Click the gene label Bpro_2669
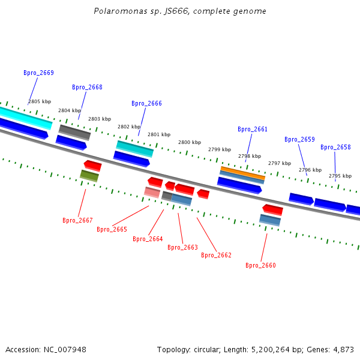click(38, 73)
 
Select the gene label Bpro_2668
click(87, 87)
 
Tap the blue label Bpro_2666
click(146, 103)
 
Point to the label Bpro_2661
click(253, 129)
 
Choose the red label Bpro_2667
click(77, 220)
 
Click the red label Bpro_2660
click(260, 265)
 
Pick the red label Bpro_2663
click(182, 247)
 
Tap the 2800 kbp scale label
click(190, 142)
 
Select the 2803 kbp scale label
click(100, 119)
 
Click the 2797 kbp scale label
click(280, 163)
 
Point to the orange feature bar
click(242, 173)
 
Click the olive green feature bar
click(89, 176)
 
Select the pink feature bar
click(152, 193)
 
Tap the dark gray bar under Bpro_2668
click(74, 133)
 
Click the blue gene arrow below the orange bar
click(239, 185)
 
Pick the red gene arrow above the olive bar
click(93, 166)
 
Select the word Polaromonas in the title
click(121, 11)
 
